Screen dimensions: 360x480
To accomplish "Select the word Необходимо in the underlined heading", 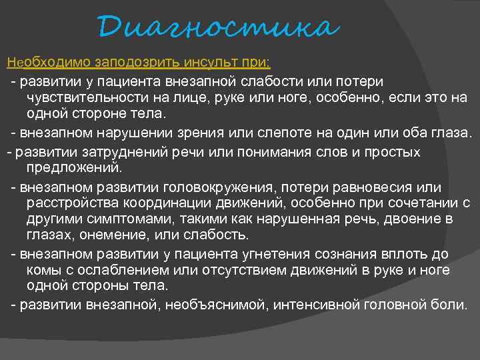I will (x=49, y=63).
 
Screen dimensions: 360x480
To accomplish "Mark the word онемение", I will (x=121, y=236).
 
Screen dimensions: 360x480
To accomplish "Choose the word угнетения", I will (x=295, y=254).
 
